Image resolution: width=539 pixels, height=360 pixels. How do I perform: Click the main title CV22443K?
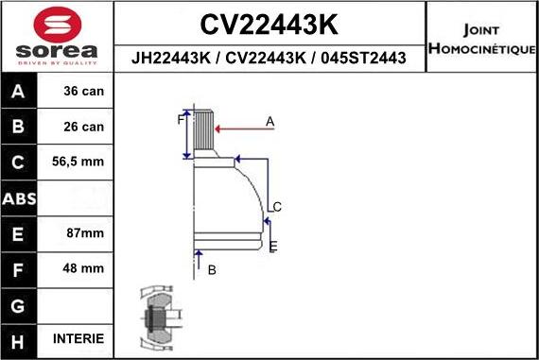click(269, 24)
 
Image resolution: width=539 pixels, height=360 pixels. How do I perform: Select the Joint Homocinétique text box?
click(481, 38)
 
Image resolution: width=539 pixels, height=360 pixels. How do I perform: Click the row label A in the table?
click(20, 92)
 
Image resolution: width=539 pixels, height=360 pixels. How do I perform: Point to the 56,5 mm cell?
click(78, 163)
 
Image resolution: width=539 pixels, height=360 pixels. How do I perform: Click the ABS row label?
click(20, 198)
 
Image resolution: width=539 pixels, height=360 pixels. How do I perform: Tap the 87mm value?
click(78, 233)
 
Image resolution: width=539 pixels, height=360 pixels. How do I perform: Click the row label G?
click(20, 304)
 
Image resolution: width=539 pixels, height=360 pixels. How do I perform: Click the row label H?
click(20, 338)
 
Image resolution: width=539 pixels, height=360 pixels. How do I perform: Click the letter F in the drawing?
click(180, 120)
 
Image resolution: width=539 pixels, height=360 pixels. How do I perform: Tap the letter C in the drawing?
click(277, 206)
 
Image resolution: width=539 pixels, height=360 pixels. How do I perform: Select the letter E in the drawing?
click(272, 247)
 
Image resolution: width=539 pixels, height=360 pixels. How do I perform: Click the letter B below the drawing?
click(212, 269)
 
